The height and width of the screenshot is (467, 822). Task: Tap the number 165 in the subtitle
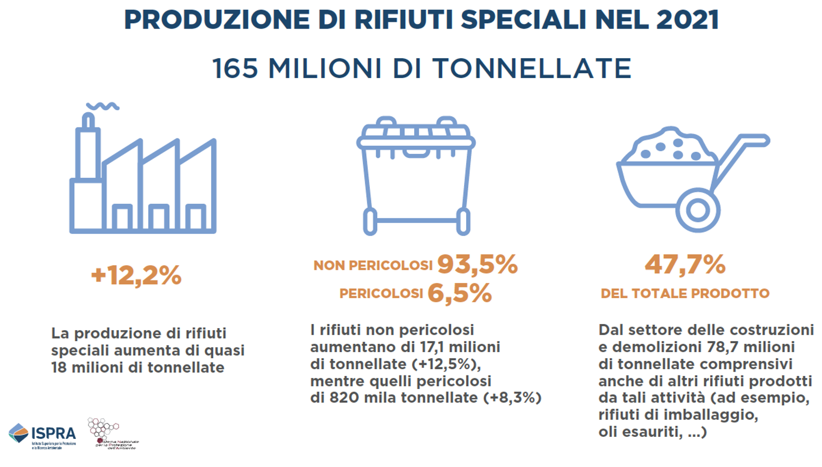(235, 68)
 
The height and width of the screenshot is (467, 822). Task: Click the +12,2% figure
(136, 275)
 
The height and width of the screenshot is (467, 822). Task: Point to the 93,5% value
(477, 264)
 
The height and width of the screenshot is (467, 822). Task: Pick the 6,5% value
(459, 293)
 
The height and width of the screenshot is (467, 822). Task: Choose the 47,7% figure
(685, 264)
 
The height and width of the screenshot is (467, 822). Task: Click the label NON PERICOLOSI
(373, 265)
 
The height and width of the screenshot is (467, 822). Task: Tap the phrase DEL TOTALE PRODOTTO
(685, 293)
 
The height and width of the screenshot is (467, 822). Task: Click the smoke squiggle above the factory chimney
(102, 106)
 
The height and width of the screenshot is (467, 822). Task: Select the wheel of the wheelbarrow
(698, 210)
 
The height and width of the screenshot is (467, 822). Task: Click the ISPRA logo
(42, 434)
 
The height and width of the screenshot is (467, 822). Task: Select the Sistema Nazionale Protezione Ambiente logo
(112, 433)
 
